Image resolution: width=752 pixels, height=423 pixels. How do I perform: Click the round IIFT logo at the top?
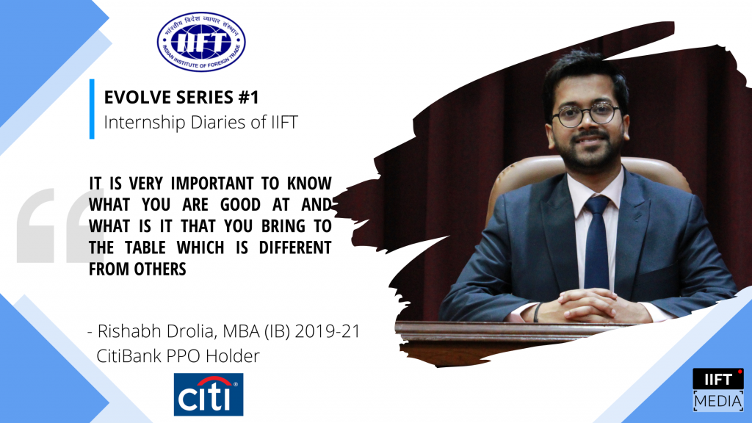(201, 42)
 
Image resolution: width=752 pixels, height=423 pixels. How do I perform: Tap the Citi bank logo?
(209, 394)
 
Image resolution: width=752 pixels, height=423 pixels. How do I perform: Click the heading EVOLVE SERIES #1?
(181, 97)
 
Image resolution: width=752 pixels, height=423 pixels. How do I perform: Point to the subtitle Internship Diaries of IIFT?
(200, 122)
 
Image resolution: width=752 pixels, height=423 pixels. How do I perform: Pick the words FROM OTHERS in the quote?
(137, 269)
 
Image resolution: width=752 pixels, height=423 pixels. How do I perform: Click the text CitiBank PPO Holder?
(179, 356)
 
